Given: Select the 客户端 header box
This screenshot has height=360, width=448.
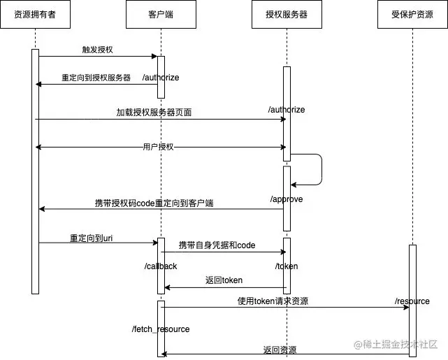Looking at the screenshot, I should click(x=161, y=15).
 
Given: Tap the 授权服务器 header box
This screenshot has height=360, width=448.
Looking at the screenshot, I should click(x=287, y=15).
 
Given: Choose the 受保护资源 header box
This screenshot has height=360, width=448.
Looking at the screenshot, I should click(x=412, y=15).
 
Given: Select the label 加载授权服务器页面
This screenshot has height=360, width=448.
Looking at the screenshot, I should click(x=154, y=112).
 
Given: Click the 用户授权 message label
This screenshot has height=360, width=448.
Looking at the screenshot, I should click(x=158, y=147).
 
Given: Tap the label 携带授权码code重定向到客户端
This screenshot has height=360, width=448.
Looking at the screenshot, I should click(x=154, y=203).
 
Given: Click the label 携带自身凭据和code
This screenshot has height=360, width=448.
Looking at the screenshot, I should click(x=217, y=245).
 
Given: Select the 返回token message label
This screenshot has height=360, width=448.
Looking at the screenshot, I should click(x=224, y=280).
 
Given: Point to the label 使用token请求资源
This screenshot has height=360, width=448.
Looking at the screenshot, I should click(x=273, y=301).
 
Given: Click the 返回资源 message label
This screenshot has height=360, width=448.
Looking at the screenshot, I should click(x=280, y=349).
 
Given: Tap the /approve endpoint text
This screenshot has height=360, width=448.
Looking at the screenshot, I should click(x=287, y=199).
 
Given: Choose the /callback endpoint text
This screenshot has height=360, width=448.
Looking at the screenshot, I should click(x=161, y=266).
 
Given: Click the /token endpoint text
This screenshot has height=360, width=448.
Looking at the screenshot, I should click(x=287, y=266).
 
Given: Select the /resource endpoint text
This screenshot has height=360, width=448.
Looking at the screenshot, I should click(x=412, y=301).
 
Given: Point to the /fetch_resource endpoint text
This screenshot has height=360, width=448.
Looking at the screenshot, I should click(x=161, y=329).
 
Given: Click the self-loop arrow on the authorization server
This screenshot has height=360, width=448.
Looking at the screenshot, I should click(x=321, y=169).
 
